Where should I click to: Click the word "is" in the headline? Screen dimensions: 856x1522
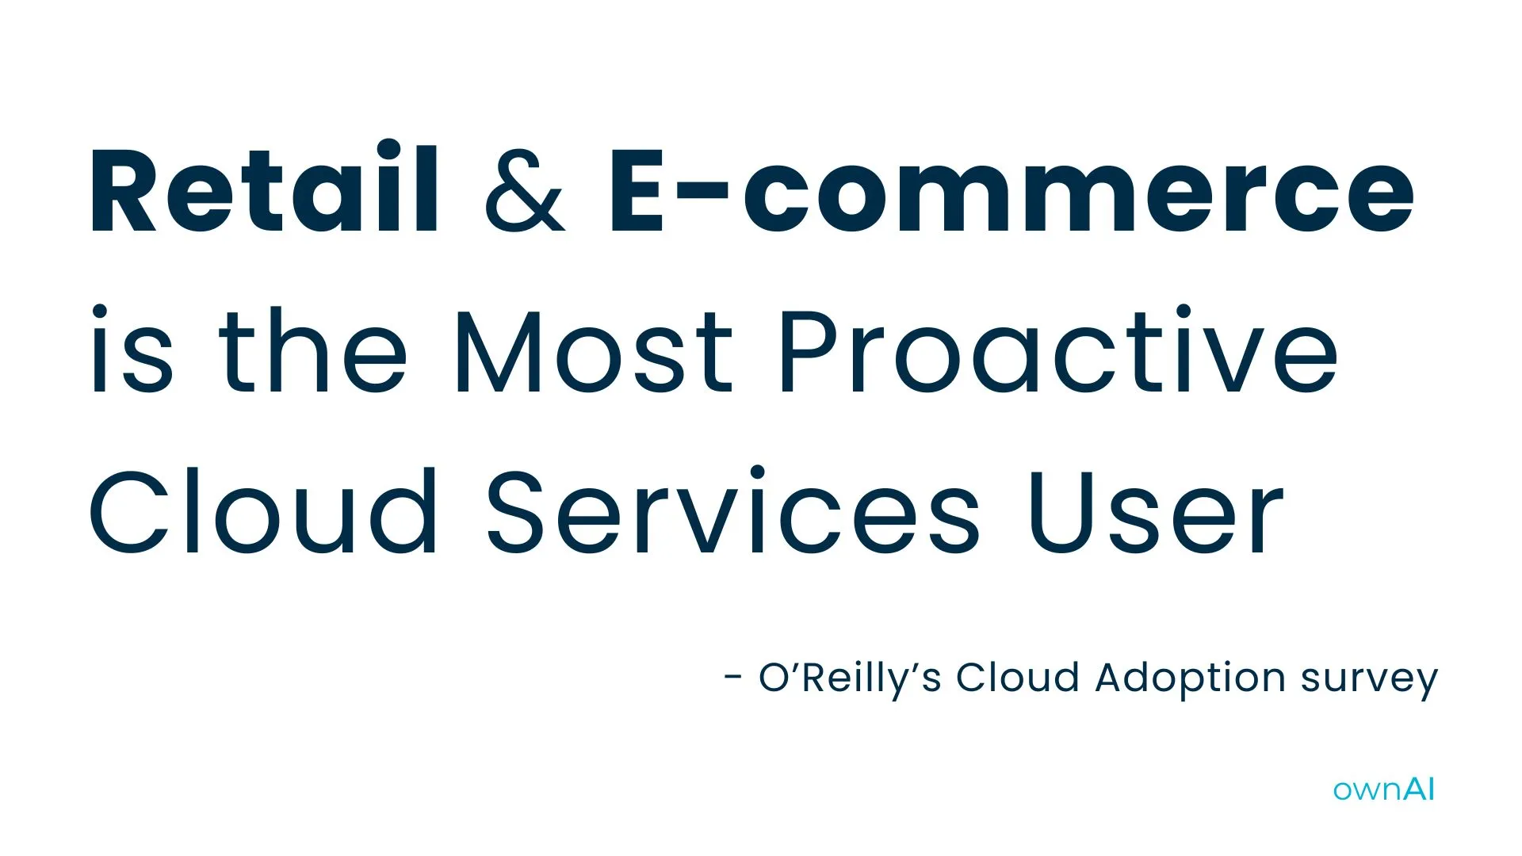131,350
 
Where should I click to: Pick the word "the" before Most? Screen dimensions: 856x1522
312,350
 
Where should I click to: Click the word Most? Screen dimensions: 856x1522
594,350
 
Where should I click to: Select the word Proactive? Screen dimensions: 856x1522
1058,350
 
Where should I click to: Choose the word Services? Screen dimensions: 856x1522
733,511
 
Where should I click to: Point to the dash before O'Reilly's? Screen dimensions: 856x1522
733,678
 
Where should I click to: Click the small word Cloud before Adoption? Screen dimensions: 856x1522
1017,678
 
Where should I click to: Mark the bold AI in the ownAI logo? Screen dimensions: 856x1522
1419,789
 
